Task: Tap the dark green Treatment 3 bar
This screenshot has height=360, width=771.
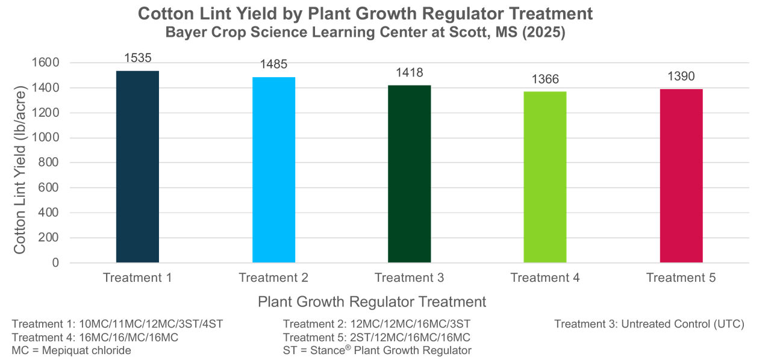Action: (410, 174)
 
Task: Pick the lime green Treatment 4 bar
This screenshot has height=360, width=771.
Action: (545, 177)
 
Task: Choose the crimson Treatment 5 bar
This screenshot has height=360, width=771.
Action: (681, 176)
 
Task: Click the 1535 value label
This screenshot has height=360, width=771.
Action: (137, 58)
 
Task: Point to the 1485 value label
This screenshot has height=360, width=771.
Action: (273, 65)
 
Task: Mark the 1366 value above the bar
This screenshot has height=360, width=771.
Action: (545, 79)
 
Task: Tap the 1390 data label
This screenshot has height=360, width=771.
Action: (681, 76)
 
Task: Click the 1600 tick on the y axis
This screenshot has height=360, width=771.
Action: (46, 63)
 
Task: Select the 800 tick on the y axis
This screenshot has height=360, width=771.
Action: (49, 163)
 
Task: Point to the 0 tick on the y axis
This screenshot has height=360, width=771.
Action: (55, 263)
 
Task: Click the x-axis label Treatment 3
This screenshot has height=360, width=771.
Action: (410, 278)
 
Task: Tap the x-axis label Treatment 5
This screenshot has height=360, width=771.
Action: (681, 278)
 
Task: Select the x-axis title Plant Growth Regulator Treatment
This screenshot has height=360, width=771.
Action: (372, 302)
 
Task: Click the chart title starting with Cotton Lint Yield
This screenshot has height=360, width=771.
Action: (365, 14)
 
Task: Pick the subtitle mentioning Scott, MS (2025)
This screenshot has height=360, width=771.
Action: (365, 33)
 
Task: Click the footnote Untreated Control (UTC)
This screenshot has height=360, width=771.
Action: (649, 324)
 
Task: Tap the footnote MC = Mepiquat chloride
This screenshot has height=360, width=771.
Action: (72, 350)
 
